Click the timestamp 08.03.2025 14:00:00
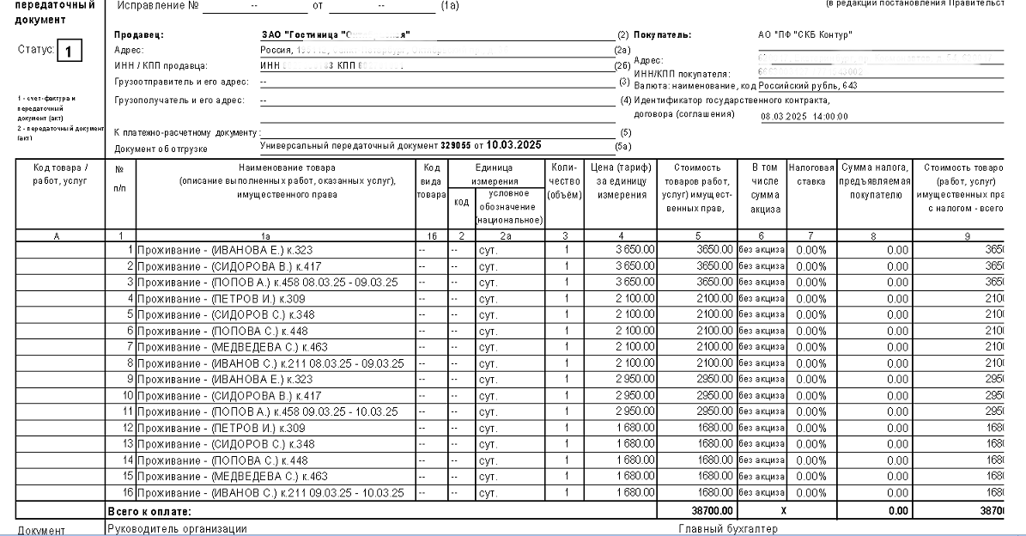(804, 117)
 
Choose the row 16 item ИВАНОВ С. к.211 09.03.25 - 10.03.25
(273, 492)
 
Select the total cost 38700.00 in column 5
(708, 509)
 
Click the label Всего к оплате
(147, 510)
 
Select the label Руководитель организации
(177, 528)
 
